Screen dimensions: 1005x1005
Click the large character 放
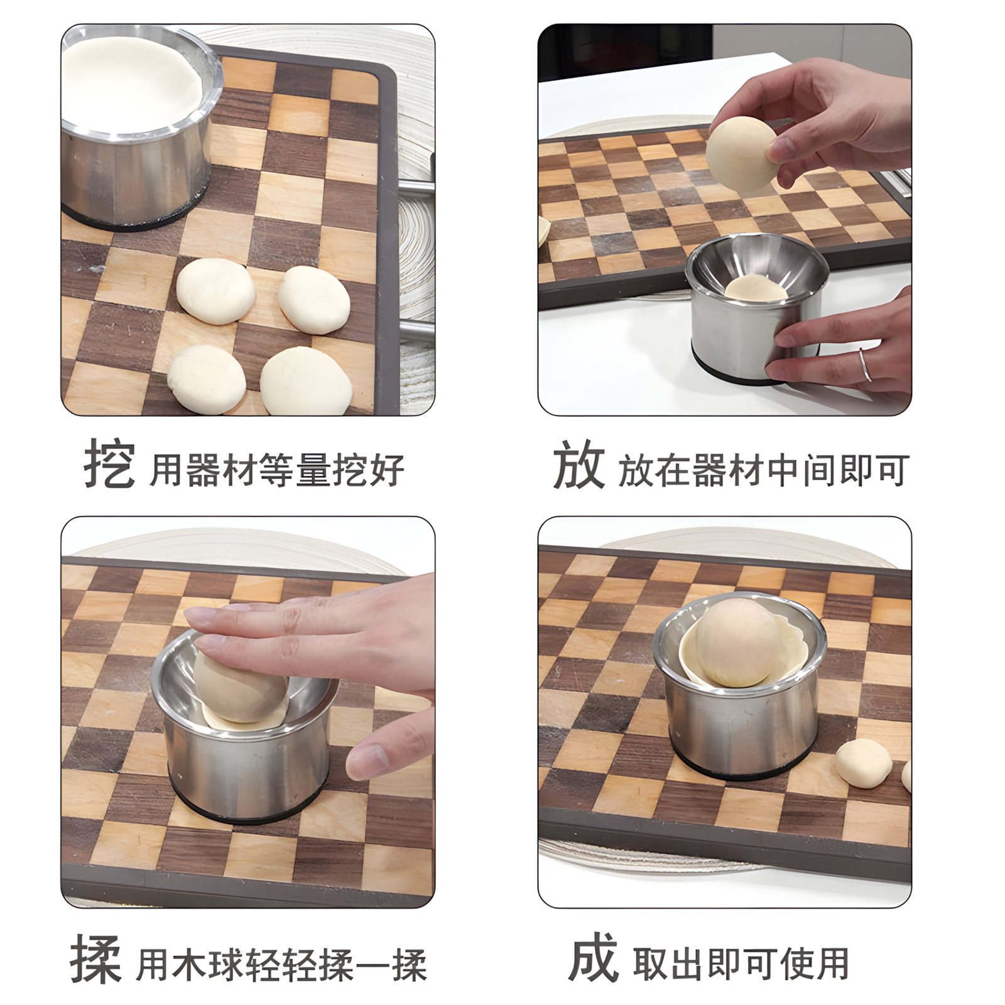coord(578,465)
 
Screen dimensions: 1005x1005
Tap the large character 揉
coord(95,959)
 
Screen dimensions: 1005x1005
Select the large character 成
coord(593,959)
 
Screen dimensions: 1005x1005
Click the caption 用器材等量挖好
coord(276,470)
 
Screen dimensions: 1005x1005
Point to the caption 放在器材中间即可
coord(763,470)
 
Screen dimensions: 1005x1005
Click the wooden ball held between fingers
coord(741,154)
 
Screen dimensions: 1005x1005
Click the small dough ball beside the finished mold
coord(863,762)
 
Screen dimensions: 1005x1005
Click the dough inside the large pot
coord(132,82)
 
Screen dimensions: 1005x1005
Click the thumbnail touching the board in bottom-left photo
coord(367,761)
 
